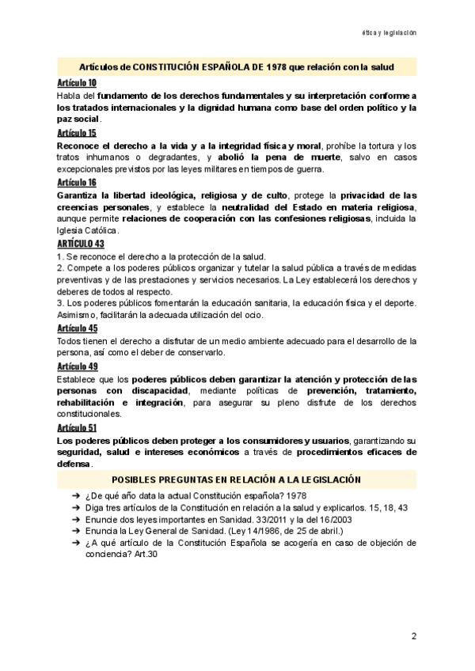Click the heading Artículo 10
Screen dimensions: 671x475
(x=77, y=83)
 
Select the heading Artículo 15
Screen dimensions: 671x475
(x=77, y=133)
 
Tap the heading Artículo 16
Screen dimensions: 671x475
(x=77, y=182)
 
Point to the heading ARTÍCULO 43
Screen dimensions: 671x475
(x=80, y=244)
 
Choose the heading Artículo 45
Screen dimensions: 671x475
(x=78, y=328)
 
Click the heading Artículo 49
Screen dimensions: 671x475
(x=78, y=366)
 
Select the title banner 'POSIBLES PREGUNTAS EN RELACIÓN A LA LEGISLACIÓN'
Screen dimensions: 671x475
(x=237, y=480)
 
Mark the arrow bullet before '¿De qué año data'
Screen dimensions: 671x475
(x=74, y=495)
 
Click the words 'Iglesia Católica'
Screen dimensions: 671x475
(x=87, y=231)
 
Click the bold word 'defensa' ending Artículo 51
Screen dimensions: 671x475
(x=74, y=464)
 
